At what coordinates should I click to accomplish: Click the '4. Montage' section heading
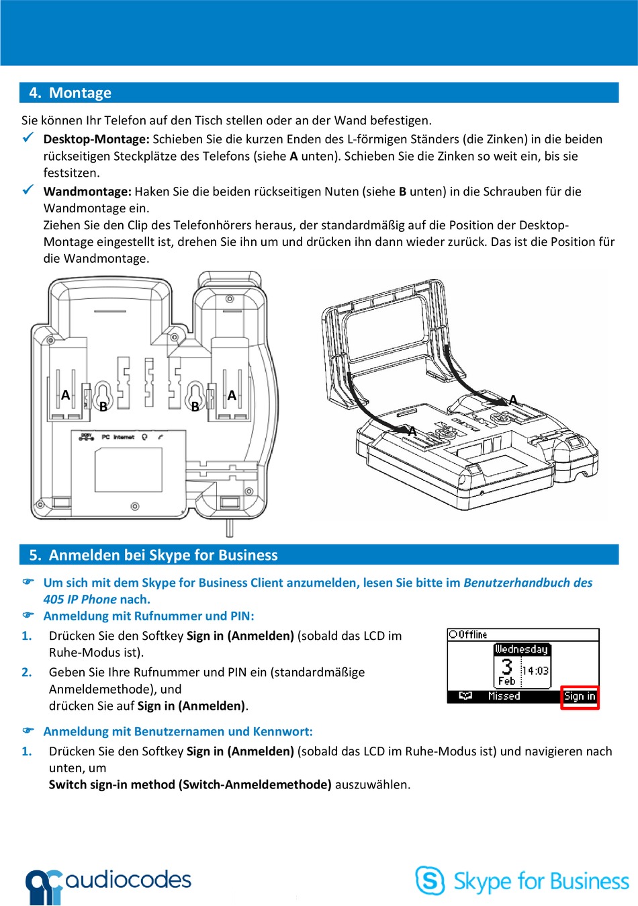tap(70, 93)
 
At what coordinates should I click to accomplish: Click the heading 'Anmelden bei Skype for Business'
tap(163, 555)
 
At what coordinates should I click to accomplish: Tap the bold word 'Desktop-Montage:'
tap(96, 139)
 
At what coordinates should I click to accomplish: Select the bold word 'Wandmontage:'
tap(87, 192)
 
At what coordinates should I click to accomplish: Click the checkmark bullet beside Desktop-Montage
tap(28, 138)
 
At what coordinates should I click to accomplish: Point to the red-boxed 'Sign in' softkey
tap(580, 696)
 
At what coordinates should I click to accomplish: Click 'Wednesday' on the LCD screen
tap(521, 649)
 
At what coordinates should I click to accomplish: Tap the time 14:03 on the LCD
tap(535, 671)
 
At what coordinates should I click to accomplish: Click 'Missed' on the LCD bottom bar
tap(504, 696)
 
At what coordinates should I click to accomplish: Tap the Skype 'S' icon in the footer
tap(430, 880)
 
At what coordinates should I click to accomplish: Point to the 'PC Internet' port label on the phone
tap(118, 437)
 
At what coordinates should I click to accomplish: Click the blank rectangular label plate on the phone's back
tap(128, 470)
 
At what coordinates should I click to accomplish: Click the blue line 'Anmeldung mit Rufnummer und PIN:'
tap(148, 616)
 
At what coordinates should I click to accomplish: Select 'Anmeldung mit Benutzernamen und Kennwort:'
tap(178, 731)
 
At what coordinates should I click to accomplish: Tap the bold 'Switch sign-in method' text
tap(111, 784)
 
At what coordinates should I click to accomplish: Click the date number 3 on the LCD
tap(506, 666)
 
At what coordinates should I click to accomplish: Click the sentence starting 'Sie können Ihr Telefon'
tap(226, 120)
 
